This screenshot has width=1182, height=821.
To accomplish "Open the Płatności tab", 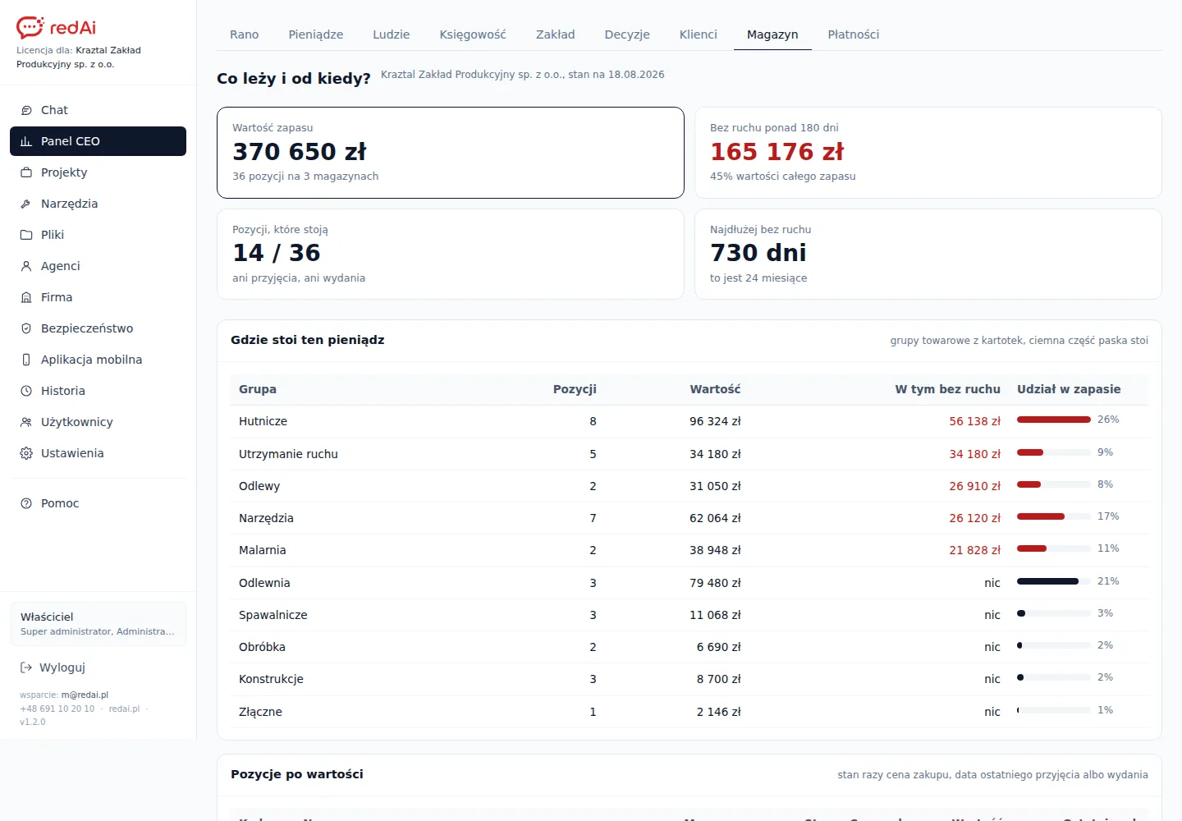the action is click(854, 34).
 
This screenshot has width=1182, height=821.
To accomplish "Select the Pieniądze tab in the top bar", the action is click(315, 34).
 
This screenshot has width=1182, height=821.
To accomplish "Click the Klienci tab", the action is click(698, 34).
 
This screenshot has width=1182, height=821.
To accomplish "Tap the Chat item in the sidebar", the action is click(54, 110).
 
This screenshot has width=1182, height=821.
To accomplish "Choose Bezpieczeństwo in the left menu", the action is click(87, 328).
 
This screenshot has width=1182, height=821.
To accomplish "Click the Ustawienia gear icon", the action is click(26, 453).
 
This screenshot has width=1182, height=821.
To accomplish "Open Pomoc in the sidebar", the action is click(60, 503).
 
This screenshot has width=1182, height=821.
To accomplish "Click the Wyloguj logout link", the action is click(62, 667).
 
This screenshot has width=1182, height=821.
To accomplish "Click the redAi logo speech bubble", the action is click(30, 27).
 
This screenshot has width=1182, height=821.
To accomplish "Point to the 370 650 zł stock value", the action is click(299, 152).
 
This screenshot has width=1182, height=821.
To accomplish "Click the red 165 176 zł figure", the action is click(777, 152).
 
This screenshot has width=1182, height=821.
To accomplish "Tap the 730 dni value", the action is click(758, 253).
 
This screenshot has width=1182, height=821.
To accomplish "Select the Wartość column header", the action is click(715, 389).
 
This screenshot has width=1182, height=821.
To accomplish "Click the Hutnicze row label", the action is click(263, 421).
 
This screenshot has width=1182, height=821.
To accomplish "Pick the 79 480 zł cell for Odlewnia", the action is click(715, 583).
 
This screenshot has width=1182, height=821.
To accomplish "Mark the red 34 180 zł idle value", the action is click(974, 454).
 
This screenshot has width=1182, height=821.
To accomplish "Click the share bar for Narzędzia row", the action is click(1053, 516).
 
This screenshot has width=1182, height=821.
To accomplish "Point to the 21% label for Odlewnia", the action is click(1108, 581).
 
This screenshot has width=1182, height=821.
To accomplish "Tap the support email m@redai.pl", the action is click(85, 695).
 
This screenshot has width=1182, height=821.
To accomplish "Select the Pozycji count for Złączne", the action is click(593, 713).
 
